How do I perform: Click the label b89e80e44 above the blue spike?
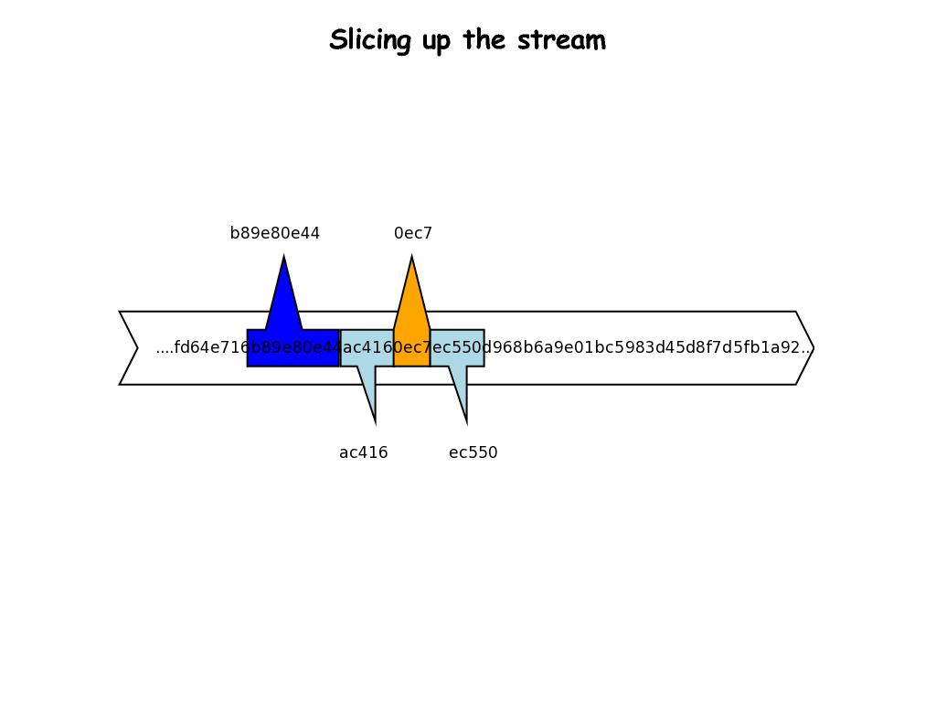click(x=275, y=233)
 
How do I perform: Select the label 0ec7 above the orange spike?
click(x=413, y=233)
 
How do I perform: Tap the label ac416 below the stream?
click(x=364, y=452)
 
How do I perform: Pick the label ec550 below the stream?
click(x=473, y=452)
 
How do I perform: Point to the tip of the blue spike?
click(x=284, y=258)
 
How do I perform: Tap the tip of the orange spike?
click(x=411, y=258)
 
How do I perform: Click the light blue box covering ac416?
click(x=367, y=348)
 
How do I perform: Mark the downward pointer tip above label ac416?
click(x=375, y=422)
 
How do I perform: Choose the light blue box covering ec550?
click(x=457, y=348)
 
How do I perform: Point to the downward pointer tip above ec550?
click(x=466, y=422)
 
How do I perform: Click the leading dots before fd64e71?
click(x=165, y=348)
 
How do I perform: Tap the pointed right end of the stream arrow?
click(x=812, y=348)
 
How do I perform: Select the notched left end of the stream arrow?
click(x=137, y=348)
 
